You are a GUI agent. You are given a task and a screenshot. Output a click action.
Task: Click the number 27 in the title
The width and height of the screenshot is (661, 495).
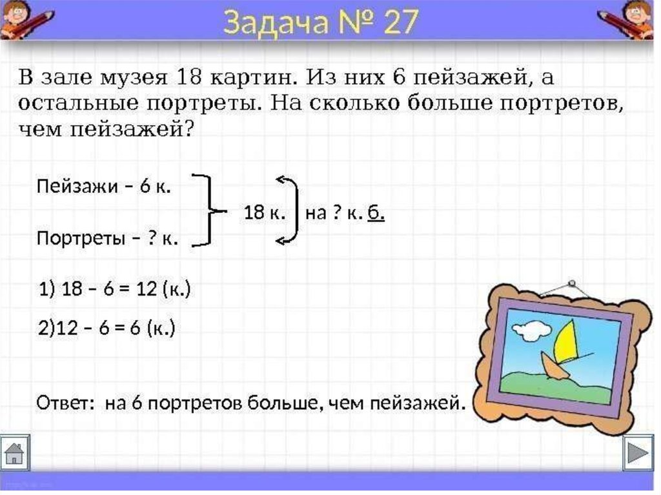(401, 22)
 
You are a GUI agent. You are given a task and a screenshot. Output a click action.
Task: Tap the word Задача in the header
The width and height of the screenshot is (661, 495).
(275, 23)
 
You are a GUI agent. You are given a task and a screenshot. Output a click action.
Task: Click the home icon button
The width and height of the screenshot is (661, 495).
(15, 453)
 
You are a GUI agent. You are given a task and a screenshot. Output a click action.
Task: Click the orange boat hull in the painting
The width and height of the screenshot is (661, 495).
(553, 366)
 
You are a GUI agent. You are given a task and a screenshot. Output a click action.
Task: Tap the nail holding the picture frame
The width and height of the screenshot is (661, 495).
(572, 283)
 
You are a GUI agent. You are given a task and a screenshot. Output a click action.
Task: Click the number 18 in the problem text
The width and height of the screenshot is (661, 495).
(188, 78)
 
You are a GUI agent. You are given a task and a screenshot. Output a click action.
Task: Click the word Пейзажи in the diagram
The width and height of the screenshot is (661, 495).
(77, 187)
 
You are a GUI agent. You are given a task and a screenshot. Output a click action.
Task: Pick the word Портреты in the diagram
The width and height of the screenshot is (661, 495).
(81, 239)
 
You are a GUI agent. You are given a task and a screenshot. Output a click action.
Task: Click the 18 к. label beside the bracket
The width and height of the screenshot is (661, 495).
(265, 212)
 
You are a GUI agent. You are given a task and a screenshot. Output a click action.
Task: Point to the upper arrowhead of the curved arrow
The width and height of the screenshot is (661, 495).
(281, 179)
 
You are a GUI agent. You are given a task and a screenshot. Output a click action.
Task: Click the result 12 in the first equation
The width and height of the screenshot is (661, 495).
(146, 289)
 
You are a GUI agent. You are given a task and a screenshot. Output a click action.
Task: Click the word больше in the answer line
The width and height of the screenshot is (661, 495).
(281, 403)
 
